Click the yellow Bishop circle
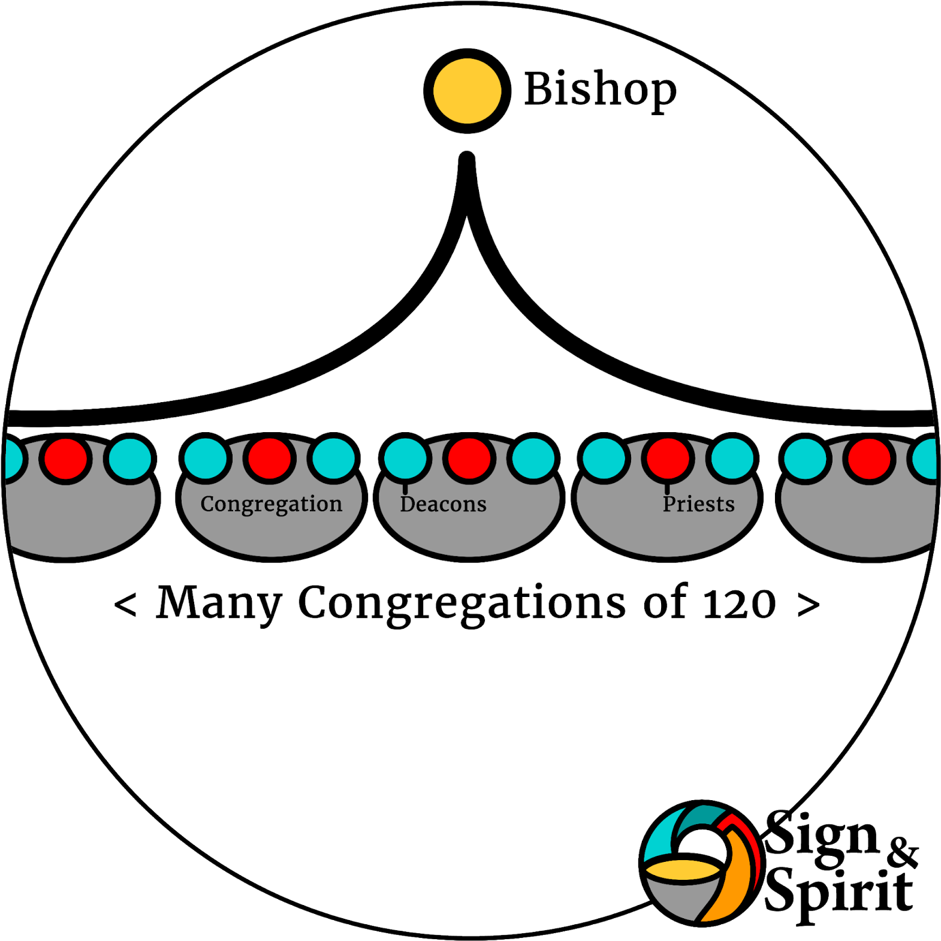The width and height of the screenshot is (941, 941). (x=467, y=91)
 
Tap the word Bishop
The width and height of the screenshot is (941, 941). (x=600, y=90)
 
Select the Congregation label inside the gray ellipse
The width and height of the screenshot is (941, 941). (x=271, y=504)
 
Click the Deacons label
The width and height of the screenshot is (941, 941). (x=443, y=504)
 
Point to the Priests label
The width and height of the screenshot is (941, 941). (x=698, y=504)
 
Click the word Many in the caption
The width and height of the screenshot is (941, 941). (x=219, y=602)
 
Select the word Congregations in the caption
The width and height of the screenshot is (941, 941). (x=462, y=602)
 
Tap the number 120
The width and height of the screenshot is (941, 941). (x=739, y=604)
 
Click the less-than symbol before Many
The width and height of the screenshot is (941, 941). (x=125, y=604)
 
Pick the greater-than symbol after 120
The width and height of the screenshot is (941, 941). (x=808, y=604)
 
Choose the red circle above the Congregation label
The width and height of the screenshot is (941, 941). (x=269, y=459)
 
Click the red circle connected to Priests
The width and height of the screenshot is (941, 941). (x=668, y=459)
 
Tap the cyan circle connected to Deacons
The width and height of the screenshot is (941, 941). (x=405, y=459)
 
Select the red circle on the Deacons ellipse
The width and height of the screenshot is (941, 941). (x=469, y=459)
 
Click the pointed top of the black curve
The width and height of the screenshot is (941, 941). (x=467, y=160)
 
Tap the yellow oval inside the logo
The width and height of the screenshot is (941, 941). (x=683, y=869)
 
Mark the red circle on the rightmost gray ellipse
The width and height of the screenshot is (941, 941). (x=869, y=459)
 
